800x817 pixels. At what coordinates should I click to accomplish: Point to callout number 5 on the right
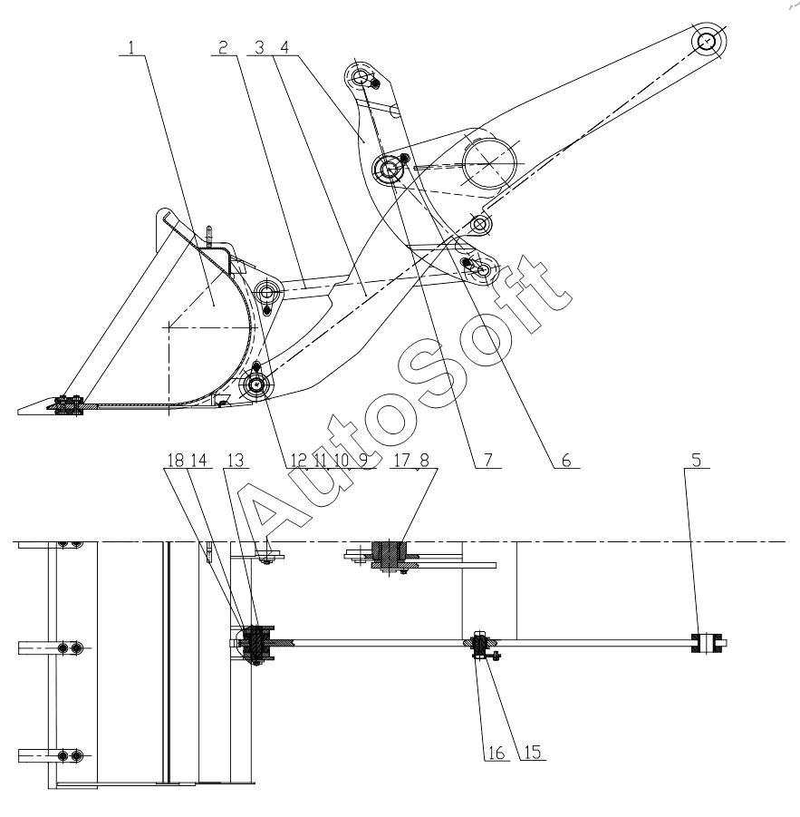tap(695, 460)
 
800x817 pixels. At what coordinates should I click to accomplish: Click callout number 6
tap(564, 460)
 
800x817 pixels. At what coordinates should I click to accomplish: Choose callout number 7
tap(489, 460)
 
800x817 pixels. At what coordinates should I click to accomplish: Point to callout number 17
tap(404, 460)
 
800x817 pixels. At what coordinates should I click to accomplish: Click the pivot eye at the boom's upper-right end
tap(707, 42)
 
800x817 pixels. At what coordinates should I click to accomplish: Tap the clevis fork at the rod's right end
tap(708, 643)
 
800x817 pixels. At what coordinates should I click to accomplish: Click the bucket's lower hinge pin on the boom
tap(257, 385)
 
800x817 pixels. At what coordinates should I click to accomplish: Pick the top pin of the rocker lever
tap(361, 78)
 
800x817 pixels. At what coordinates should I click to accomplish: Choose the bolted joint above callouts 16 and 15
tap(480, 646)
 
